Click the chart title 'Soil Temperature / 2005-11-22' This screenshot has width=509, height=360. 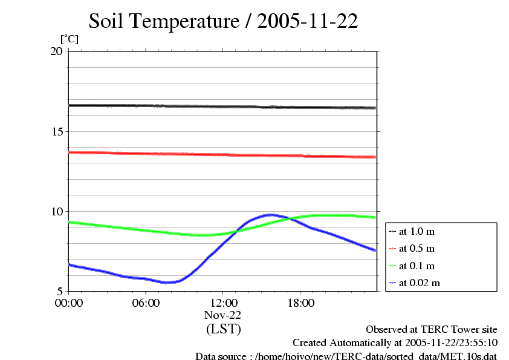tap(223, 22)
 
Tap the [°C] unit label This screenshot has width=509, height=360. tap(69, 39)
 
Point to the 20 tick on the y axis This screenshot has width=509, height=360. tap(56, 51)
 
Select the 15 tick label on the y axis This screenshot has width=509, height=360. tap(56, 131)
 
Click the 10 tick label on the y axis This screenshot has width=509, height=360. tap(56, 211)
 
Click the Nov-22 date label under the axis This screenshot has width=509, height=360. tap(223, 316)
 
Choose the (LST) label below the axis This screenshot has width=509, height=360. tap(223, 330)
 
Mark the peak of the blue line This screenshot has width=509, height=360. tap(270, 215)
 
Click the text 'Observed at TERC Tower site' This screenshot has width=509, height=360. tap(431, 330)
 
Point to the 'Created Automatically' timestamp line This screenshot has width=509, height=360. tap(395, 343)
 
